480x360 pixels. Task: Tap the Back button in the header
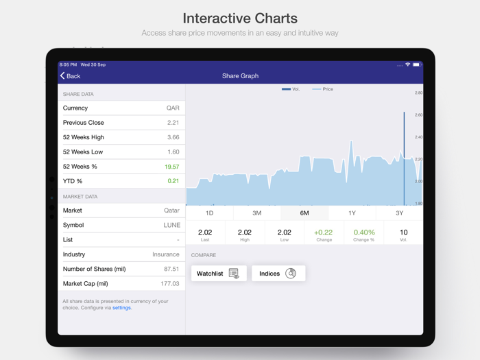pyautogui.click(x=70, y=76)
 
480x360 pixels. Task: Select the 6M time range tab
pyautogui.click(x=304, y=213)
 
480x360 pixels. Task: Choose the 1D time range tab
pyautogui.click(x=209, y=213)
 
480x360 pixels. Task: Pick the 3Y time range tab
pyautogui.click(x=399, y=213)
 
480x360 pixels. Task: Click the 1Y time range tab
pyautogui.click(x=352, y=213)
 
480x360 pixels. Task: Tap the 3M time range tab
pyautogui.click(x=256, y=213)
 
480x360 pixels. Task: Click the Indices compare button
pyautogui.click(x=278, y=274)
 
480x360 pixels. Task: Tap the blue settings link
pyautogui.click(x=122, y=308)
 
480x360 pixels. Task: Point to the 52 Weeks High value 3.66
pyautogui.click(x=173, y=137)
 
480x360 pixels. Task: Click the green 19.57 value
pyautogui.click(x=171, y=167)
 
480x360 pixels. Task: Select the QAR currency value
pyautogui.click(x=173, y=108)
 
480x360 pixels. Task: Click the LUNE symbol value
pyautogui.click(x=171, y=225)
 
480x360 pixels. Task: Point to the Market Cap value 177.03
pyautogui.click(x=169, y=283)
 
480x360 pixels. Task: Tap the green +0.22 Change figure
pyautogui.click(x=324, y=232)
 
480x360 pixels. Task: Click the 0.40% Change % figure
pyautogui.click(x=363, y=232)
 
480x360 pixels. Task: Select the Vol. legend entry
pyautogui.click(x=291, y=89)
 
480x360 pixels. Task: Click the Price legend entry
pyautogui.click(x=323, y=89)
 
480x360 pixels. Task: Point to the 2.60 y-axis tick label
pyautogui.click(x=418, y=115)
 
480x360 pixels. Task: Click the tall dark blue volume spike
pyautogui.click(x=404, y=158)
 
